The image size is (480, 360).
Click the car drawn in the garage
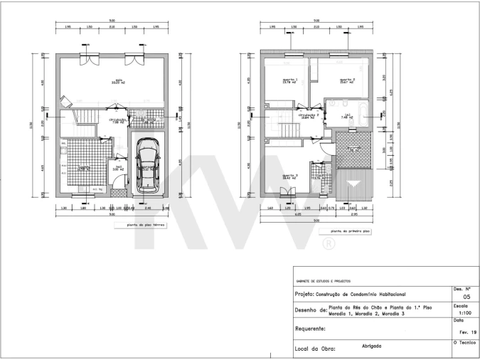pyautogui.click(x=149, y=164)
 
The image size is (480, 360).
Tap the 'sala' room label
pyautogui.click(x=114, y=81)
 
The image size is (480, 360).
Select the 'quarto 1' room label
pyautogui.click(x=289, y=80)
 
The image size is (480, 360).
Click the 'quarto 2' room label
pyautogui.click(x=347, y=80)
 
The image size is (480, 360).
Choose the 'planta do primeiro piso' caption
pyautogui.click(x=346, y=231)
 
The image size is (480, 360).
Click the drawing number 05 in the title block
pyautogui.click(x=466, y=297)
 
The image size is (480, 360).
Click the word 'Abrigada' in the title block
pyautogui.click(x=370, y=346)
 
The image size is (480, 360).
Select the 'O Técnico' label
pyautogui.click(x=466, y=344)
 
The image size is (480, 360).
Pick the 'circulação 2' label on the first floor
pyautogui.click(x=309, y=115)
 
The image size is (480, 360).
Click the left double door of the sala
pyautogui.click(x=90, y=60)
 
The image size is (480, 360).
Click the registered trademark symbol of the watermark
pyautogui.click(x=329, y=245)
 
